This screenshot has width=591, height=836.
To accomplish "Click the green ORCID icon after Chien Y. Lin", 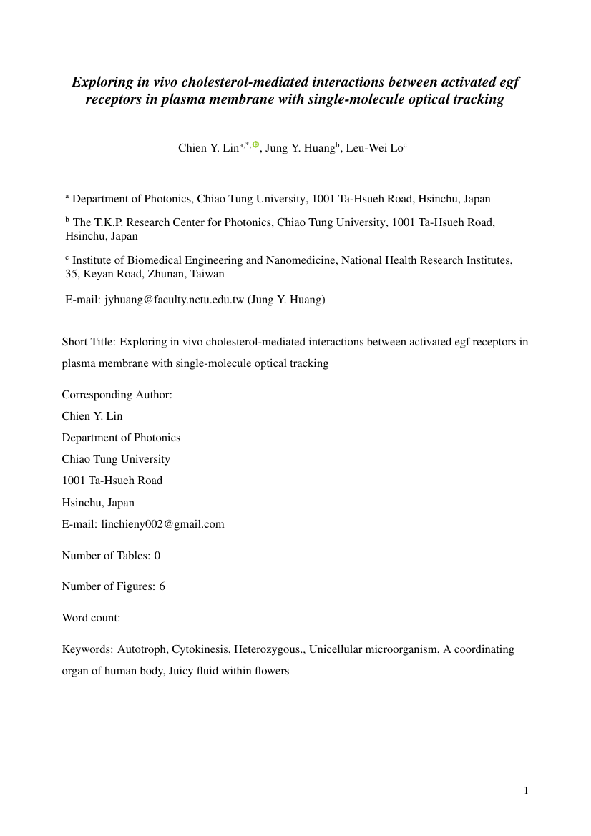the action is (x=255, y=144).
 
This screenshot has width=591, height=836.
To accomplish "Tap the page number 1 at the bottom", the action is (x=527, y=790).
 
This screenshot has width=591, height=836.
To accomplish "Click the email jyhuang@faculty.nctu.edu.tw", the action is (x=175, y=300).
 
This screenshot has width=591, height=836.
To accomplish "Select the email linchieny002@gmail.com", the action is (x=163, y=524).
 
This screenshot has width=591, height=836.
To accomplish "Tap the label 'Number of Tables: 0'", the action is (x=111, y=556).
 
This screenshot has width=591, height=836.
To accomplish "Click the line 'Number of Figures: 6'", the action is (x=113, y=586).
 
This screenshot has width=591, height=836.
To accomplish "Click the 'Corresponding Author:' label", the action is (x=117, y=395).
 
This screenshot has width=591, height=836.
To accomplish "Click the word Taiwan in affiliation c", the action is (x=207, y=274).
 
